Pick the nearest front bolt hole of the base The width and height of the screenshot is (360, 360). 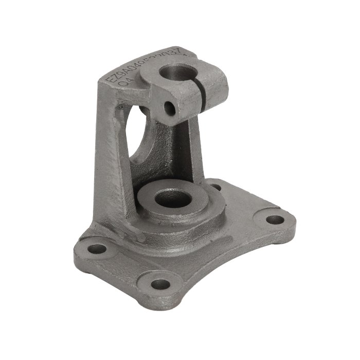coord(161,284)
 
